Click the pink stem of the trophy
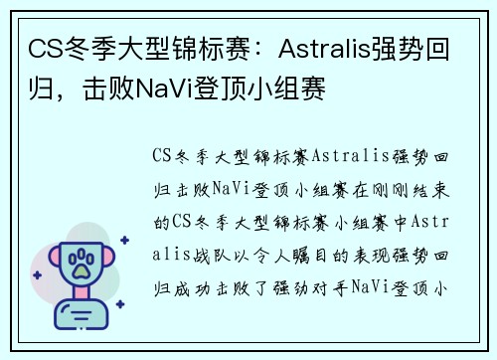[78, 296]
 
